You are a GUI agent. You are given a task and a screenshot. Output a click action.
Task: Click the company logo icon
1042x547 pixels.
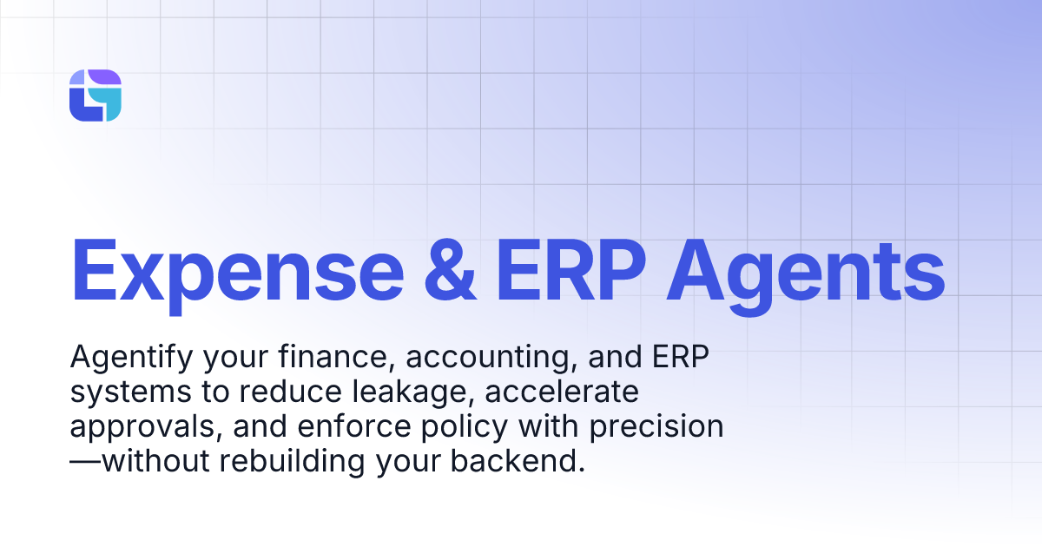click(95, 96)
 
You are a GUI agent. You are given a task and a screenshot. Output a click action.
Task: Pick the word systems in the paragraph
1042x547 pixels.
click(122, 392)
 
